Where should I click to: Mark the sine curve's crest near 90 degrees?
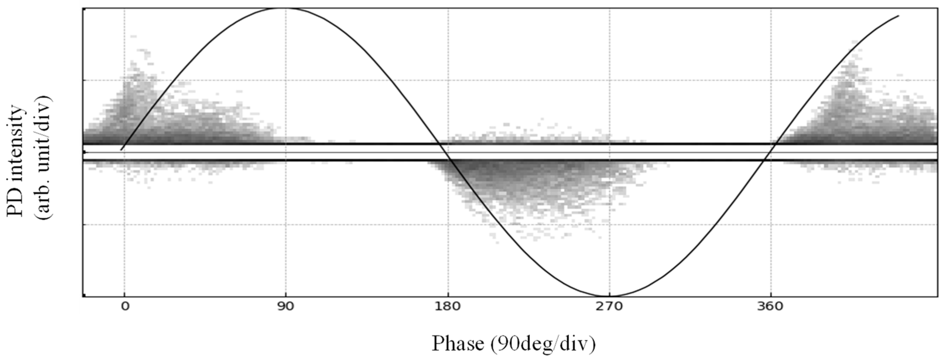coord(286,8)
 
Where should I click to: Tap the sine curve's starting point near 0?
coord(121,149)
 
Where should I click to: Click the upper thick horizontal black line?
coord(513,144)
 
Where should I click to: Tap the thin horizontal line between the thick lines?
coord(513,152)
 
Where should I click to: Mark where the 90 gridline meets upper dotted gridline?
coord(286,80)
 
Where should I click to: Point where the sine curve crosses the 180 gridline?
coord(448,156)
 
